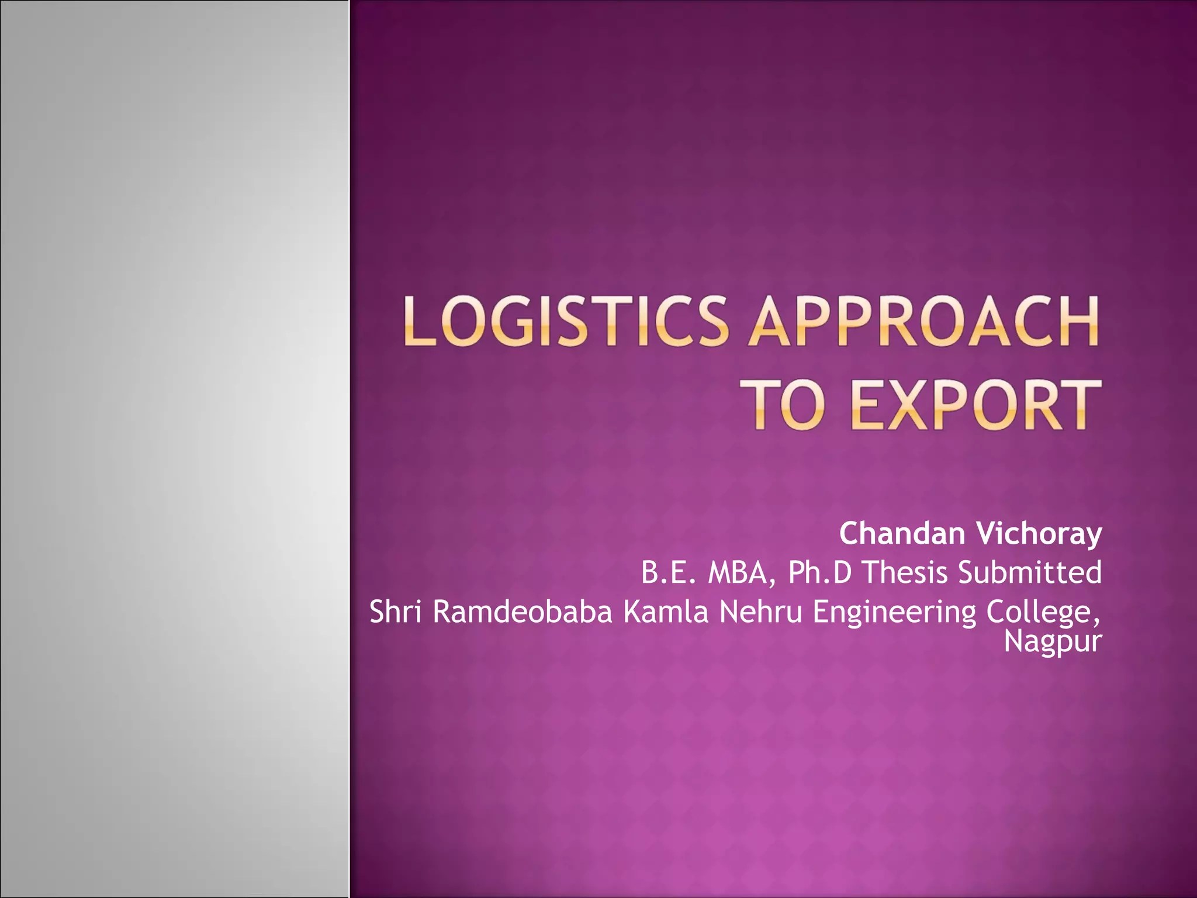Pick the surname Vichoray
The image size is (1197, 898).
click(x=1039, y=533)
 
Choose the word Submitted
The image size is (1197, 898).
click(x=1030, y=572)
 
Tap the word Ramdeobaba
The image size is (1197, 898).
click(x=523, y=612)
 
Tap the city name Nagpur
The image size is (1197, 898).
click(x=1052, y=642)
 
